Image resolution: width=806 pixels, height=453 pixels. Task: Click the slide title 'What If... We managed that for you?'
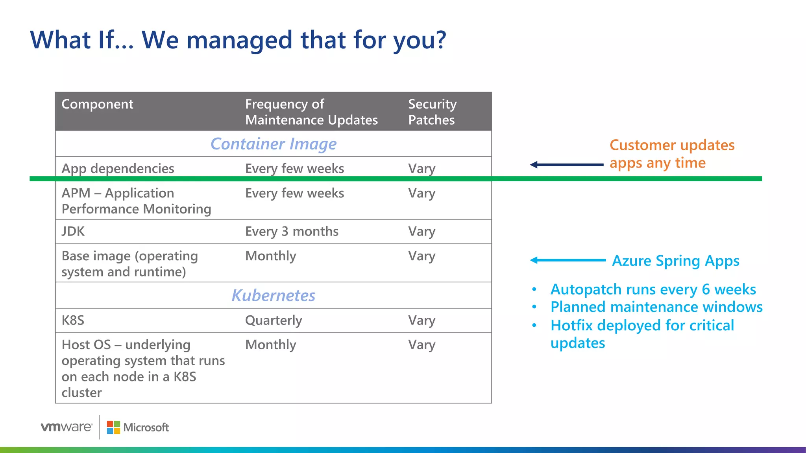[238, 40]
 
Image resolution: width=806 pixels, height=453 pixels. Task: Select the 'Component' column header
[97, 104]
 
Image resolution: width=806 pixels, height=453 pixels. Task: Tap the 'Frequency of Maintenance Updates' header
[311, 112]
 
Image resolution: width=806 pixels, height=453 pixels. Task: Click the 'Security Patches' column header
[432, 112]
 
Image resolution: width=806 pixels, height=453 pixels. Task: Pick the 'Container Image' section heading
[274, 144]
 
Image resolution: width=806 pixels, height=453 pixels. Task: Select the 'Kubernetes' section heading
[274, 295]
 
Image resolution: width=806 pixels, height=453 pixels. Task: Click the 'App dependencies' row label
[118, 168]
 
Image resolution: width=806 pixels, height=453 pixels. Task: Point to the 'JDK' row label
[73, 231]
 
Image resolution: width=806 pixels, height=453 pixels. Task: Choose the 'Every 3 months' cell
[292, 231]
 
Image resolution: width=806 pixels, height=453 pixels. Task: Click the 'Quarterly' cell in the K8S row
[274, 320]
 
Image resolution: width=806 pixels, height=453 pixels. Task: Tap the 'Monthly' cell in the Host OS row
[270, 345]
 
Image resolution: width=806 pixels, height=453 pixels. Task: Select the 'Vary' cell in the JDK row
[421, 231]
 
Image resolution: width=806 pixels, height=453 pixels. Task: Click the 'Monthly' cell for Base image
[270, 256]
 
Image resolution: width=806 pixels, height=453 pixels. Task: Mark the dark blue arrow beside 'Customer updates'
[566, 165]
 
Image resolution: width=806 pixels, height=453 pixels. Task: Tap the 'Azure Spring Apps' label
[675, 261]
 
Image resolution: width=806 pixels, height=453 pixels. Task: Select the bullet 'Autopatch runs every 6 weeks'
[653, 289]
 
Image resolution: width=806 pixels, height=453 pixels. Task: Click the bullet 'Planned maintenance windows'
[656, 307]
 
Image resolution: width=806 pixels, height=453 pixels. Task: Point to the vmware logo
[67, 427]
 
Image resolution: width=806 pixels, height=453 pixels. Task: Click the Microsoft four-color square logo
[113, 427]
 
